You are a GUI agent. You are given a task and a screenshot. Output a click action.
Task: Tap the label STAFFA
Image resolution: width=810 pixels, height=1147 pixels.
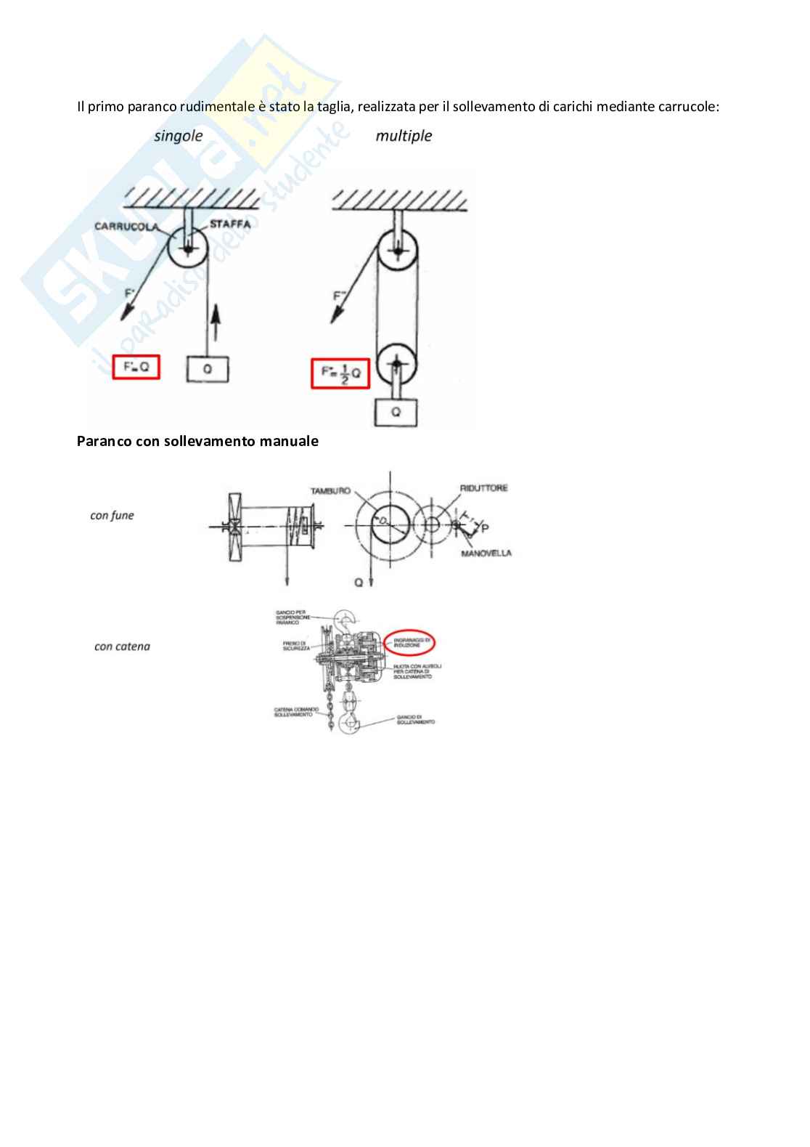[x=230, y=224]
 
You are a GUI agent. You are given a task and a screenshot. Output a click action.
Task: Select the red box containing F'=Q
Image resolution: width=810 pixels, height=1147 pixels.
[x=136, y=367]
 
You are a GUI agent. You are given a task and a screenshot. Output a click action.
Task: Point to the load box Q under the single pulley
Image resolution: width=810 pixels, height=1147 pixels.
[x=208, y=369]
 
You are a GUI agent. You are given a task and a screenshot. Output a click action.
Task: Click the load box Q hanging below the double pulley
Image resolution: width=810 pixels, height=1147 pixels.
[x=396, y=410]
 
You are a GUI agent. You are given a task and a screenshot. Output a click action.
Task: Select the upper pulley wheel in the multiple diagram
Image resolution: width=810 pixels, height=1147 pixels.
[x=396, y=251]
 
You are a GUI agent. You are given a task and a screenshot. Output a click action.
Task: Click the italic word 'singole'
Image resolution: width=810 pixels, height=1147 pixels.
[x=178, y=136]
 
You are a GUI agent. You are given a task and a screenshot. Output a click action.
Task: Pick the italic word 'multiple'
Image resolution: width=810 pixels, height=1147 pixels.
[x=404, y=136]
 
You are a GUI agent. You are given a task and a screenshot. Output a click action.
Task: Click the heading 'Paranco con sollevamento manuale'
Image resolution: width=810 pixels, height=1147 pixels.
[x=197, y=441]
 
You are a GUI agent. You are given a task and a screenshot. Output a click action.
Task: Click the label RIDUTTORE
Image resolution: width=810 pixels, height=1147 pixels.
[x=483, y=488]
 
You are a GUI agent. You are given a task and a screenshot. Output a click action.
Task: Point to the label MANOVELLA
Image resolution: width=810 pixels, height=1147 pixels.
[x=486, y=554]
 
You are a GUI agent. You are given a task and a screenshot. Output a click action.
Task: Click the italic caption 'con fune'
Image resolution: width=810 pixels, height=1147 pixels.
[x=112, y=516]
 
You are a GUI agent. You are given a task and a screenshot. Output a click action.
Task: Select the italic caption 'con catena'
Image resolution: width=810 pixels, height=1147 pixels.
[x=122, y=647]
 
